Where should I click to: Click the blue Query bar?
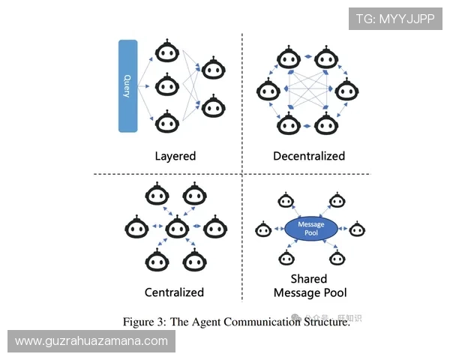(x=127, y=85)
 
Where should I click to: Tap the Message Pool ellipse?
(x=310, y=229)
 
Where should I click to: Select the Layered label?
(x=175, y=156)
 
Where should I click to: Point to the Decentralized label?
(x=309, y=156)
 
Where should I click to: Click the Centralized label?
(x=174, y=292)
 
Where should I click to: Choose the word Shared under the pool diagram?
(x=310, y=279)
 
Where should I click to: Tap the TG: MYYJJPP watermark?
(x=395, y=18)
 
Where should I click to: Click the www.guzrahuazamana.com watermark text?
(x=91, y=341)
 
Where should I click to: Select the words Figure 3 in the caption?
(x=145, y=322)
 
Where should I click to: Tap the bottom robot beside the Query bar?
(x=165, y=120)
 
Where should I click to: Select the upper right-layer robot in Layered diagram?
(x=213, y=69)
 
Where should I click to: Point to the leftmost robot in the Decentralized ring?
(x=267, y=91)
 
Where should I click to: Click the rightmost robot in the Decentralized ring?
(x=346, y=91)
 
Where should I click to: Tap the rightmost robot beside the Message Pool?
(x=356, y=229)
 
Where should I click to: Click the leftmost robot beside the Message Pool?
(x=263, y=229)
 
